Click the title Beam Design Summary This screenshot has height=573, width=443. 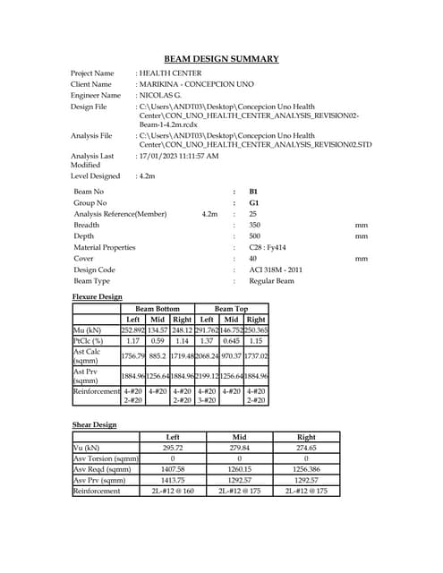tap(221, 59)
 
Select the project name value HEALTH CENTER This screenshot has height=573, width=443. tap(170, 73)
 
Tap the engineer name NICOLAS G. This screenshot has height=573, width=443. tap(160, 95)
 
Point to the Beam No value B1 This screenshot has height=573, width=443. tap(253, 192)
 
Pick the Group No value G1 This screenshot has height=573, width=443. tap(253, 203)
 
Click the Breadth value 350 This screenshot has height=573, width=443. tap(255, 225)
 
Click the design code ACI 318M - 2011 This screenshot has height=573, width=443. tap(275, 269)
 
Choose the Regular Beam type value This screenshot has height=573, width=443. tap(271, 281)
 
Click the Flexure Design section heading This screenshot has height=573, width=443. tap(97, 296)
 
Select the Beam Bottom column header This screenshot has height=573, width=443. tap(158, 308)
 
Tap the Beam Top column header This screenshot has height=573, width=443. tap(231, 308)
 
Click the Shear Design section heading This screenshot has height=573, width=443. tap(94, 424)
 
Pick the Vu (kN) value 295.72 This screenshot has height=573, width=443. tap(173, 448)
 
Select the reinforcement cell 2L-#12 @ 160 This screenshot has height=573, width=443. tap(173, 491)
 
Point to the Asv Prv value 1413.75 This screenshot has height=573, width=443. tap(173, 480)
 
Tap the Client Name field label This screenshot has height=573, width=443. tap(95, 84)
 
